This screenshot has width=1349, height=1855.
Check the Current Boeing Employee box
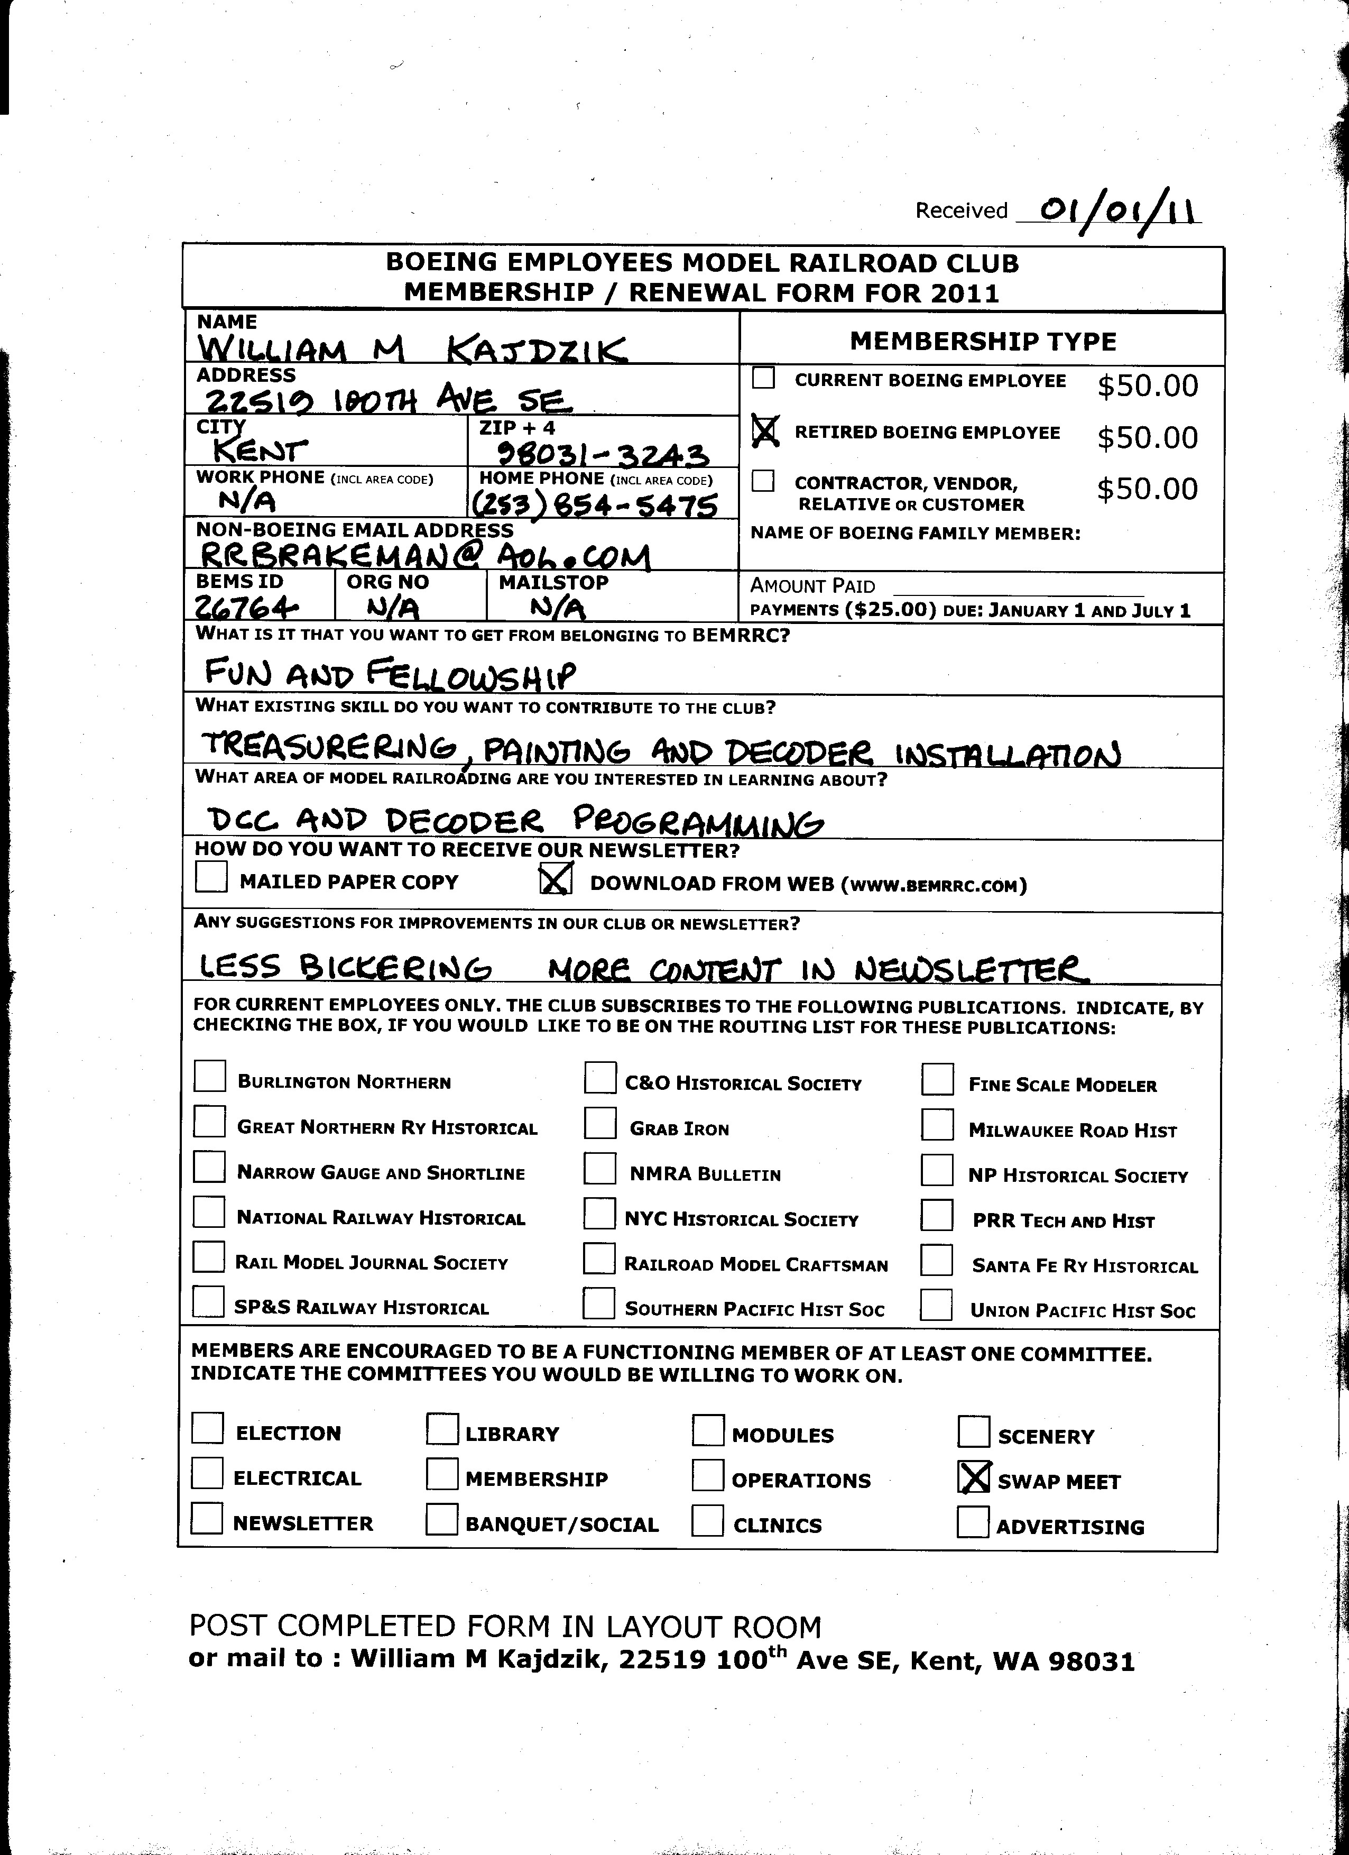tap(764, 378)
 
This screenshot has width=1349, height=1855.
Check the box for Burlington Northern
tap(209, 1077)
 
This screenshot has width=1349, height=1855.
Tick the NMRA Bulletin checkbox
tap(599, 1168)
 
